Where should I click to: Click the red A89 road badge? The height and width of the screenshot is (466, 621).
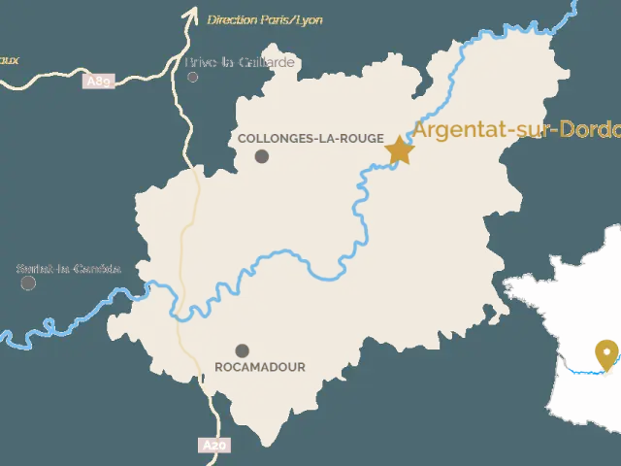[99, 82]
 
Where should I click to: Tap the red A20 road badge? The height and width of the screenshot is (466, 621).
[214, 446]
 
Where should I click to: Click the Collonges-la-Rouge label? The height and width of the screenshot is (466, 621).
[310, 139]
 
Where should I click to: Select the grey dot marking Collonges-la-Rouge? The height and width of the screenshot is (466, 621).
[262, 156]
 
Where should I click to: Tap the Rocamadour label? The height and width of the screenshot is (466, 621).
[259, 367]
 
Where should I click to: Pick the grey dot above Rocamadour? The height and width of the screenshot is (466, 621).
[242, 350]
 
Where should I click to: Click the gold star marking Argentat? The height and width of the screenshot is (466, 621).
[399, 150]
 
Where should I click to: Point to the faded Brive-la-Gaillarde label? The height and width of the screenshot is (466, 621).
[243, 63]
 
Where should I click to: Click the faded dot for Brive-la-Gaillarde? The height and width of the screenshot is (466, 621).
[193, 77]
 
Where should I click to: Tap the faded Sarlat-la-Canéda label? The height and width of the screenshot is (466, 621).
[69, 269]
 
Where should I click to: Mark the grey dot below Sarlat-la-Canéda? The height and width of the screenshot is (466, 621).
[29, 283]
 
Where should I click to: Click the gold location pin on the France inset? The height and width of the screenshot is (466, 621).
[607, 354]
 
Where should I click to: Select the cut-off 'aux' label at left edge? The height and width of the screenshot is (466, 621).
[9, 60]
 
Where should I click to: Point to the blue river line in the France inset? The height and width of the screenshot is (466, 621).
[582, 371]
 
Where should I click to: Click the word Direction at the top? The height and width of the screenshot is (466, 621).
[230, 19]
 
